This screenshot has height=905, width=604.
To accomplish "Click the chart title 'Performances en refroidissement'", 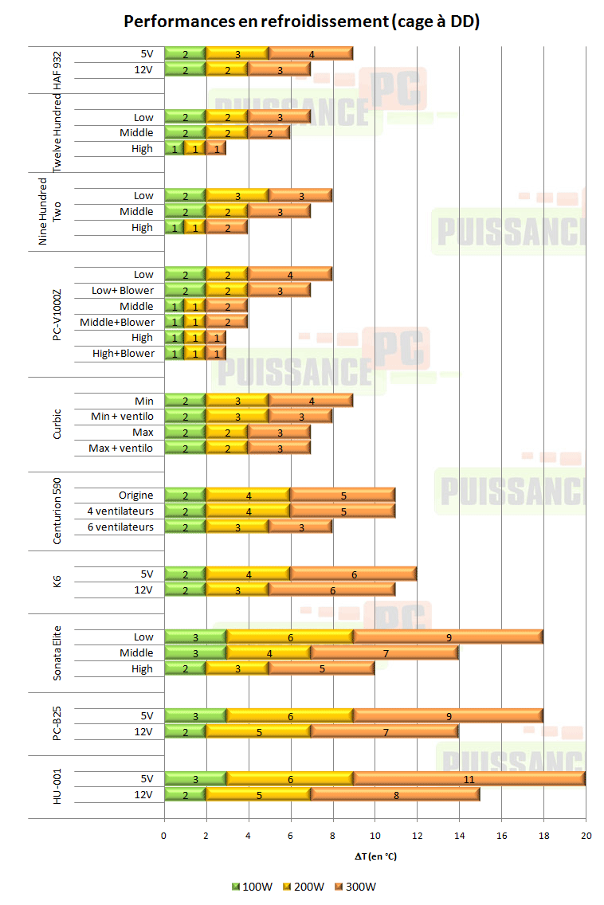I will point(302,22).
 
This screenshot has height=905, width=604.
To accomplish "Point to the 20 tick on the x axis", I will point(585,836).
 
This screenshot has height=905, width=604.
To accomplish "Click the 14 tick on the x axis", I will point(459,836).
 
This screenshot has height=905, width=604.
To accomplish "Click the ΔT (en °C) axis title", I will point(375,856).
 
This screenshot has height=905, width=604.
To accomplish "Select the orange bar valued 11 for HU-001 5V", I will point(469,778).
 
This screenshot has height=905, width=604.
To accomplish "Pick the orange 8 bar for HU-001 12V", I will point(395,794).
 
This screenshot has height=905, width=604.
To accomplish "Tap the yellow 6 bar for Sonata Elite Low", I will point(290,637).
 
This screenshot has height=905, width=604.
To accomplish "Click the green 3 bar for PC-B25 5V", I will point(196,716).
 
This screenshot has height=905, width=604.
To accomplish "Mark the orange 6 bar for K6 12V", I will point(332,590).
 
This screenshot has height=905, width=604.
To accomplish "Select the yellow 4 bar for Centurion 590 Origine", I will point(248,496).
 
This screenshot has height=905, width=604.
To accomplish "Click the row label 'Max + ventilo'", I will point(121,449).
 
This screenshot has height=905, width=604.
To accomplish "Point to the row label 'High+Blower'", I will point(124,354).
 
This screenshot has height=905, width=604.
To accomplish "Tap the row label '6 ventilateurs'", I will point(120,527).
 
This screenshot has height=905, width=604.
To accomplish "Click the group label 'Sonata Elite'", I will point(57,652).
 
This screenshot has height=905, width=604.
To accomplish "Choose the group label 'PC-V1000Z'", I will point(57,314).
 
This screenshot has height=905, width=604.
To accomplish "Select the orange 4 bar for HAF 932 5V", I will point(311,54).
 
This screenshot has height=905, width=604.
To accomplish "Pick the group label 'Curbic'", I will point(57,424).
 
